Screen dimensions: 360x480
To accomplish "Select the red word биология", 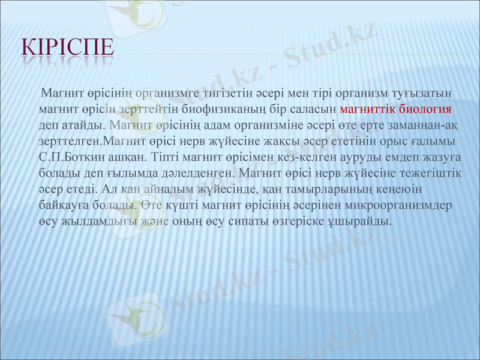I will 423,110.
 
